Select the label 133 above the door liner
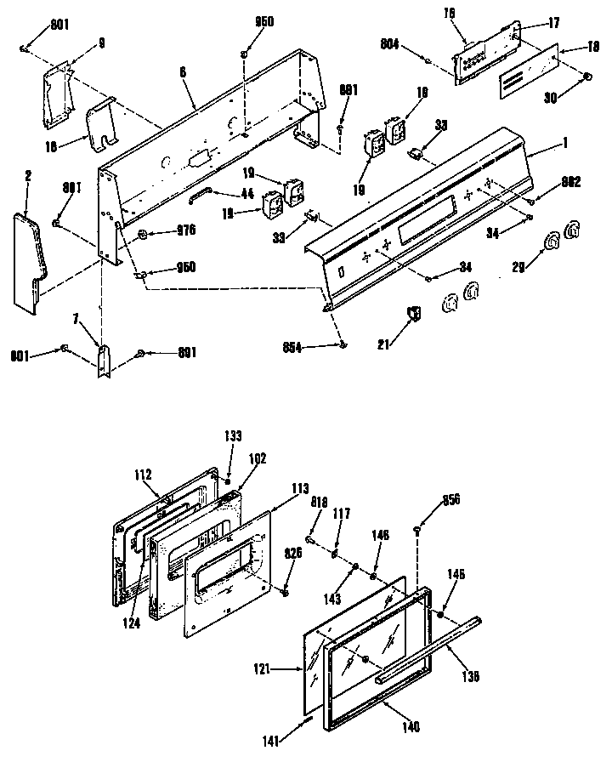coord(232,435)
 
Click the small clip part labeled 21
coord(415,314)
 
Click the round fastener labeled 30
coord(586,78)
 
